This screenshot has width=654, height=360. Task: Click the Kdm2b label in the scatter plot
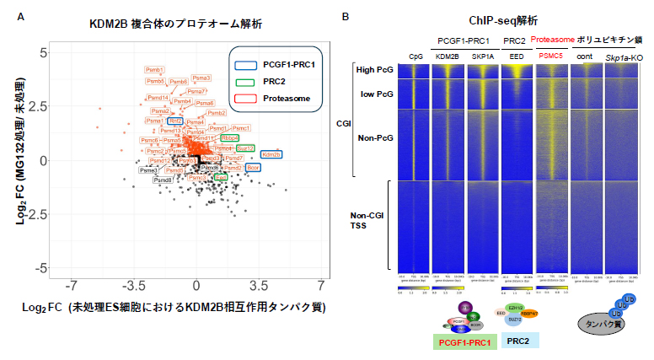tap(271, 154)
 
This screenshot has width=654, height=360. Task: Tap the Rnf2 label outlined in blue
tap(175, 121)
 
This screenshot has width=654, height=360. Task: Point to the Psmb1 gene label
tap(155, 70)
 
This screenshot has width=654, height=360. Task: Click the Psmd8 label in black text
tap(163, 180)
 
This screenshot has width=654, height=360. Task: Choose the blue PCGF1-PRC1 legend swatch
tap(245, 64)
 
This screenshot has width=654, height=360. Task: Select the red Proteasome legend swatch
tap(245, 98)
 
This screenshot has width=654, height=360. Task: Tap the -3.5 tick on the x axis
tap(136, 287)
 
